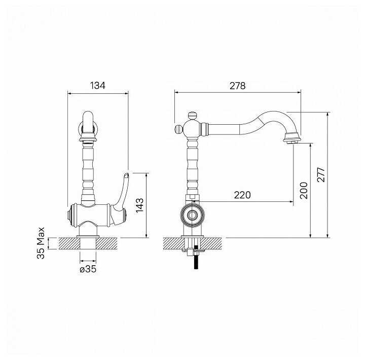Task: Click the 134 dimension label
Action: coord(97,86)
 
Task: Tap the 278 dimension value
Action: coord(237,86)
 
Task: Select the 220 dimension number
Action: coord(242,195)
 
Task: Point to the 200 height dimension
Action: coord(304,190)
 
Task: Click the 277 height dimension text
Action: coord(321,174)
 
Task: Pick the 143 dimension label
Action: coord(140,205)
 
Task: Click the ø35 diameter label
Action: coord(88,269)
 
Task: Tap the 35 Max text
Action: coord(41,243)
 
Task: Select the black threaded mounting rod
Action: coord(196,257)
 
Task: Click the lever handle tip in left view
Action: coord(126,175)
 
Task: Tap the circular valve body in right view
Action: coord(193,215)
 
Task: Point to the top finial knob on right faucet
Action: coord(192,115)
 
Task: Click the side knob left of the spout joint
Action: coord(178,129)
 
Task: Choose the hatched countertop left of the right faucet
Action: coord(172,243)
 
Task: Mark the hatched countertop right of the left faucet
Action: coord(106,243)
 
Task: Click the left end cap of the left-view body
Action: coord(69,215)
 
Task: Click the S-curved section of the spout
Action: coord(261,123)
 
